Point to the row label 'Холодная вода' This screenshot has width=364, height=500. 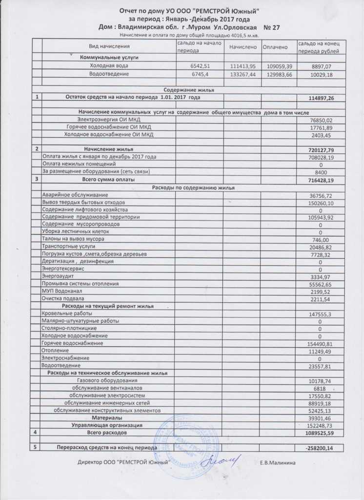[109, 65]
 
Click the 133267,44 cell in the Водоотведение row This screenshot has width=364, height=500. [243, 74]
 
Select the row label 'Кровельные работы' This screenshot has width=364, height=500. [65, 314]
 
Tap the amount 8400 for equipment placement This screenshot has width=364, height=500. [321, 172]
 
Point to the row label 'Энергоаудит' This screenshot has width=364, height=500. [57, 276]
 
